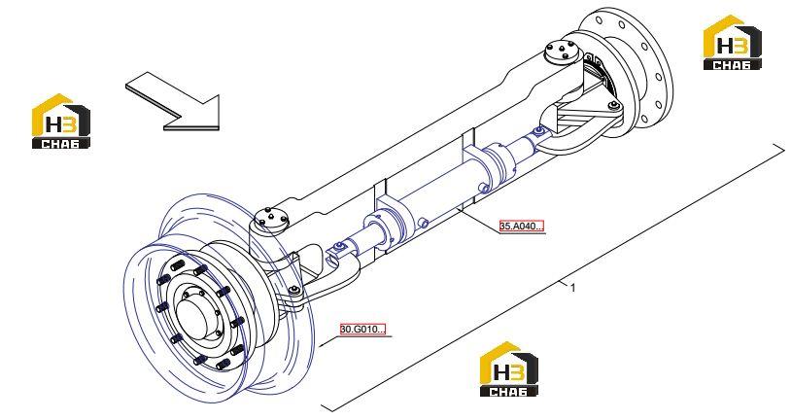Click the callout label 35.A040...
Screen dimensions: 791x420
[x=522, y=226]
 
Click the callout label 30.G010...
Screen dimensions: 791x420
[x=362, y=330]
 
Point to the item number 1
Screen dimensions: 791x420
[x=572, y=288]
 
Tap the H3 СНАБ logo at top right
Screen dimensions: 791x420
[x=733, y=43]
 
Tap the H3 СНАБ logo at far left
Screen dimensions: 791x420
[x=61, y=122]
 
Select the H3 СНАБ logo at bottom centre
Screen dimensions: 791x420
[x=508, y=369]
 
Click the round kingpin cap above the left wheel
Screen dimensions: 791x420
[x=271, y=219]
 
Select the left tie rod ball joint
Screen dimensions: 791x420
[x=338, y=246]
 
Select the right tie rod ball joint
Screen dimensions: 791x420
[x=538, y=133]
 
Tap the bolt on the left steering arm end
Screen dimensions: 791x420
[x=294, y=290]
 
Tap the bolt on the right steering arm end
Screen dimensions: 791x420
[x=613, y=106]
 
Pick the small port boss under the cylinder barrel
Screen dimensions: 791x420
[x=423, y=223]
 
